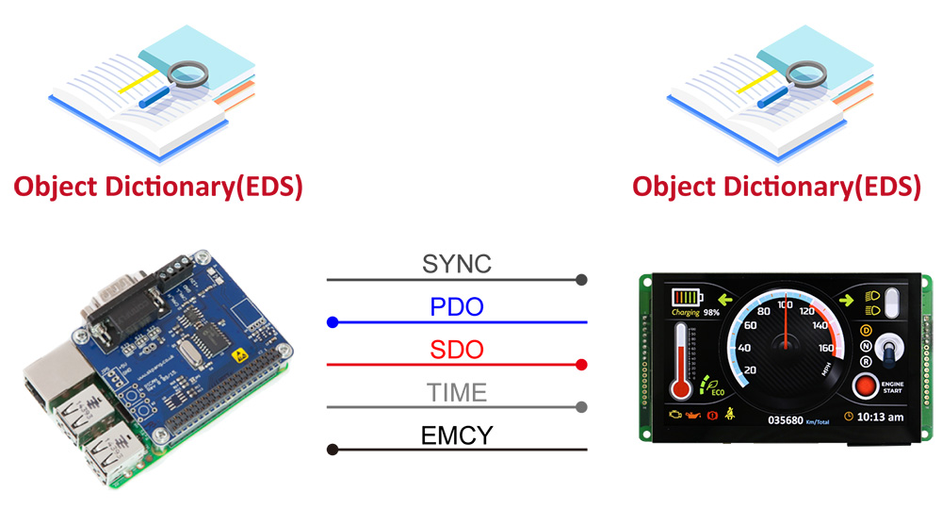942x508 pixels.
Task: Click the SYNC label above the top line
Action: pyautogui.click(x=456, y=264)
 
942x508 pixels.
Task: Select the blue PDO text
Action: pyautogui.click(x=456, y=306)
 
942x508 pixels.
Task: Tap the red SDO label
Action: pyautogui.click(x=456, y=350)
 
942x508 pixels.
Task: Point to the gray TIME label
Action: pyautogui.click(x=456, y=392)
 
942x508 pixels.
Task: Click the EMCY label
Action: pyautogui.click(x=456, y=434)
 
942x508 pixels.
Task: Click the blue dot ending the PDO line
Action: pyautogui.click(x=332, y=322)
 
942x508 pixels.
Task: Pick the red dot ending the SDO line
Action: pyautogui.click(x=581, y=365)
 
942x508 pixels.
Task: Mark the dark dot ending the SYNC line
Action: pyautogui.click(x=581, y=280)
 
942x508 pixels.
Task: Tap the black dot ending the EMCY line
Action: pyautogui.click(x=332, y=450)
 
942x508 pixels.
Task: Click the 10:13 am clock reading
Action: pyautogui.click(x=880, y=418)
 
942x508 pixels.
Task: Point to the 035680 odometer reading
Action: pyautogui.click(x=785, y=419)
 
